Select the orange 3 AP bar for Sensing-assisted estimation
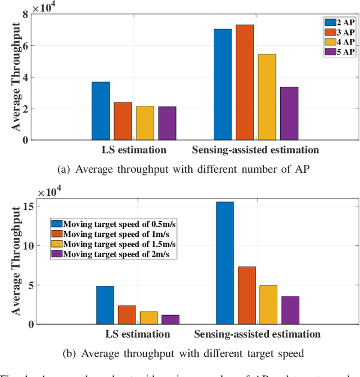click(244, 82)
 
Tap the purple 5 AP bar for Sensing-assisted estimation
click(289, 113)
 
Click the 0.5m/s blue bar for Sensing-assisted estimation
click(224, 263)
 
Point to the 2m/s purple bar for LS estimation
click(170, 320)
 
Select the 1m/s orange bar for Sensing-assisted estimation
click(246, 295)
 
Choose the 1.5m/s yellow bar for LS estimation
click(148, 318)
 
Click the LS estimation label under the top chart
click(134, 150)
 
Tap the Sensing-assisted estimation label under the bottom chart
click(257, 334)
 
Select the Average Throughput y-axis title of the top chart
click(17, 78)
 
